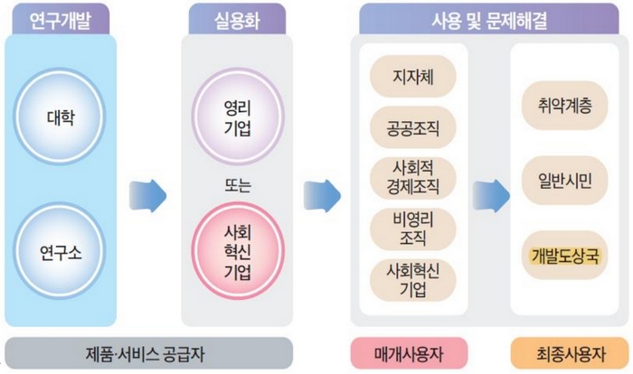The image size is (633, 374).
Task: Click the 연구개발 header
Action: click(61, 17)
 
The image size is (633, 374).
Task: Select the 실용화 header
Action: click(236, 17)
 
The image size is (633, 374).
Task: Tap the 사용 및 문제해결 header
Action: click(490, 17)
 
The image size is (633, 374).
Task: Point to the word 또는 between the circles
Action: click(236, 187)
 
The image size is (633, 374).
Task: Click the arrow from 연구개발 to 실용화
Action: click(147, 192)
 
